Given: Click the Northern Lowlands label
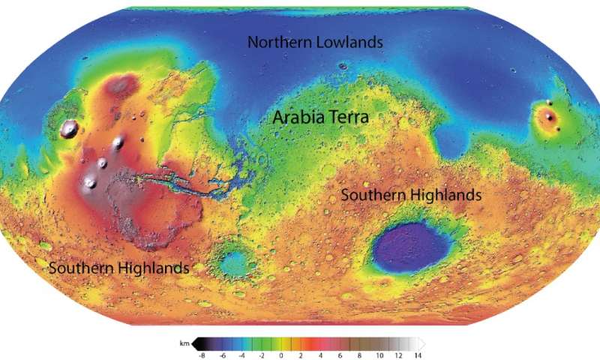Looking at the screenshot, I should coord(315,43).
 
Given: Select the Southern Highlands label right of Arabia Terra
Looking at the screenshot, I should coord(411,195).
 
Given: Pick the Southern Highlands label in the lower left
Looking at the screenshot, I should coord(118,268).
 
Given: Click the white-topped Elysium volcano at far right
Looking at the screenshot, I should coord(550,117).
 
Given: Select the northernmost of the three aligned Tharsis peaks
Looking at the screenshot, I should coord(118,142).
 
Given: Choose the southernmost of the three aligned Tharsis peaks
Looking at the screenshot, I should coord(91,181).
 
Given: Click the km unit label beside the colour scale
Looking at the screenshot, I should coord(184,343).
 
